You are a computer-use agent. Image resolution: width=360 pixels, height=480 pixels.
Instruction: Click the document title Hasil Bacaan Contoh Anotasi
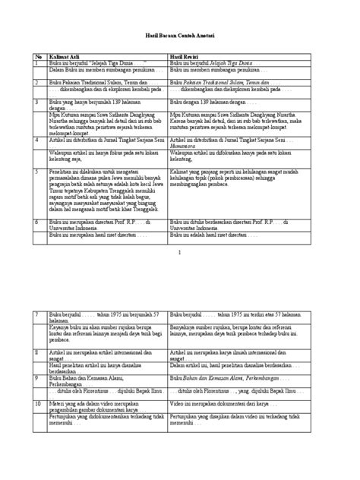(180, 36)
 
